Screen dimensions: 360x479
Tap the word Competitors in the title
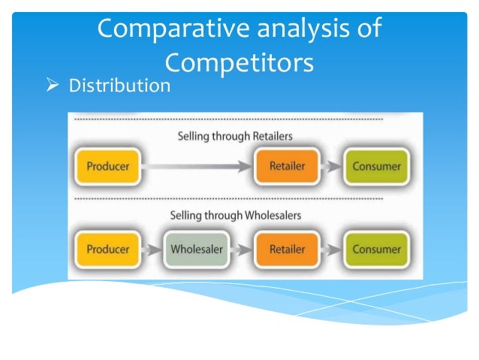point(238,62)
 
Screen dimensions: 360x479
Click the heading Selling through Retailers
point(234,136)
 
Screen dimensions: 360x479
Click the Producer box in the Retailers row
point(107,166)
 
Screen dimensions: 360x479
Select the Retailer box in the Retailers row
point(286,166)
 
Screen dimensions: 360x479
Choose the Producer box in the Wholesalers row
point(107,248)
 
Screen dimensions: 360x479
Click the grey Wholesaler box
point(197,248)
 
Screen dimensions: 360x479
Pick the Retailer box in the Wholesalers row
point(286,248)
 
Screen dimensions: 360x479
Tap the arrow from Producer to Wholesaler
point(152,249)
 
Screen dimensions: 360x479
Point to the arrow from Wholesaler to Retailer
point(242,249)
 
